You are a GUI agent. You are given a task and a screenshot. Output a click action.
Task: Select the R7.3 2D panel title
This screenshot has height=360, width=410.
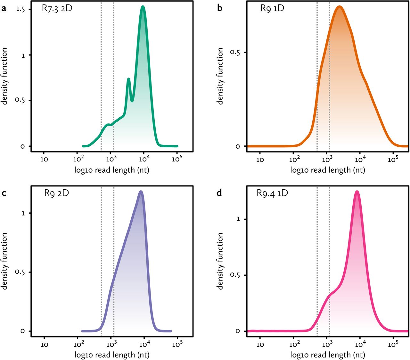57,8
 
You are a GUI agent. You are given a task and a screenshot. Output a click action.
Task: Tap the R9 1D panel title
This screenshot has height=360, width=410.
272,8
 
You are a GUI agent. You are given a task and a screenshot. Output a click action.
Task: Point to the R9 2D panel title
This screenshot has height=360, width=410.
56,193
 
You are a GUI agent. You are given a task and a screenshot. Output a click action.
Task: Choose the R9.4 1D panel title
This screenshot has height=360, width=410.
272,193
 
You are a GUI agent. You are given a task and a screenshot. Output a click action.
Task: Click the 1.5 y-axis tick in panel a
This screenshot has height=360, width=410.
21,9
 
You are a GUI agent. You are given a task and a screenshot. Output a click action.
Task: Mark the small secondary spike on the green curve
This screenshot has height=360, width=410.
128,79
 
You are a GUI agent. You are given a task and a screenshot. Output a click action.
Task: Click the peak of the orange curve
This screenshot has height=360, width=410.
339,7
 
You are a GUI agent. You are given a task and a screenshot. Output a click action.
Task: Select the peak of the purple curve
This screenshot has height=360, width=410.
141,192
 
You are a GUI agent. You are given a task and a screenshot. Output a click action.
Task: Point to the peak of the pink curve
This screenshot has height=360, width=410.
357,192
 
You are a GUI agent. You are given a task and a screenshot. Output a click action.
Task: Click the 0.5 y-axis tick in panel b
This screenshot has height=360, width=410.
235,52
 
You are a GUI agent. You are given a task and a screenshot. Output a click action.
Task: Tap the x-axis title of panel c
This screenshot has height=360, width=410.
112,355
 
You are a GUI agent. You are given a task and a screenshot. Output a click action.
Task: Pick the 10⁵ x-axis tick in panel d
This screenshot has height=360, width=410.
393,344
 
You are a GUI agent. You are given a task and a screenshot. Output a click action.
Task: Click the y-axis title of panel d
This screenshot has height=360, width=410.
220,261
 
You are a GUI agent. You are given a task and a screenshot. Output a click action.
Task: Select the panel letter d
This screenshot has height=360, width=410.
219,193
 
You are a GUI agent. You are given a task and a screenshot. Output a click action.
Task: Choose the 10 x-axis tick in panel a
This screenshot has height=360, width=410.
44,159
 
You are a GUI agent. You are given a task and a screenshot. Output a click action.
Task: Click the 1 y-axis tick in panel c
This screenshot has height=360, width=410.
23,213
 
